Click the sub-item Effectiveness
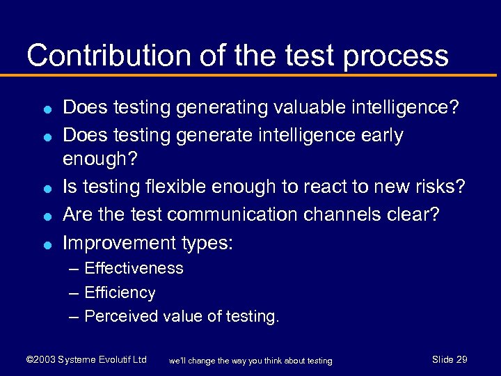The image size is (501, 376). coord(134,268)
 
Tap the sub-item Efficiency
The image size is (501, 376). coord(120,292)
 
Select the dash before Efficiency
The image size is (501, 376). coord(74,292)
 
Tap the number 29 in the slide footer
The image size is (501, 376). coord(461,359)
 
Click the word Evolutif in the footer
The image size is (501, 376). coord(113,360)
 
